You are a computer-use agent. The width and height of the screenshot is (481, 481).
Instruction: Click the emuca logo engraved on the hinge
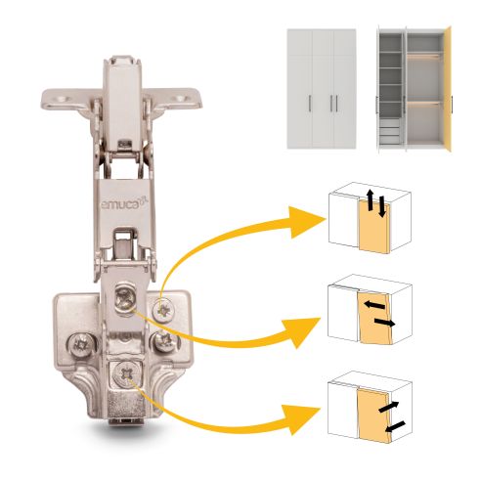[124, 204]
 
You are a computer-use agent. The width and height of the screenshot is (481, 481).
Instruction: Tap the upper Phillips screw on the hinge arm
[125, 297]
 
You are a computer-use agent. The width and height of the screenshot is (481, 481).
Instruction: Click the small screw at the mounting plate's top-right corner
[163, 310]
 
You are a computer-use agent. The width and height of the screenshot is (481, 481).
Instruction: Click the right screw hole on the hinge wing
[180, 99]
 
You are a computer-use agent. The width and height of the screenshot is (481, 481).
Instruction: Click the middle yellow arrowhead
[301, 332]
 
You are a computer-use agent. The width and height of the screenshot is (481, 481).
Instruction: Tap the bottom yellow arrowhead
[301, 418]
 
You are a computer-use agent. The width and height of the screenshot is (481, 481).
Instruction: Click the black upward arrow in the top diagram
[370, 199]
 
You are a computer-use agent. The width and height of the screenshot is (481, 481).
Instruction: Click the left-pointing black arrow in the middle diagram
[374, 306]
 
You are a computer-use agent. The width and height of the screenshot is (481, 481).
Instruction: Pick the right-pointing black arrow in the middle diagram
[385, 323]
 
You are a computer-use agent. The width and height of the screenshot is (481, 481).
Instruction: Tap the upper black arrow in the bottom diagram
[388, 407]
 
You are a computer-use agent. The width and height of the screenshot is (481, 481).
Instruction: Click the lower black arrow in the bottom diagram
[395, 426]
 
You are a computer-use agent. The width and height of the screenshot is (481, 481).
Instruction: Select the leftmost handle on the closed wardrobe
[309, 104]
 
